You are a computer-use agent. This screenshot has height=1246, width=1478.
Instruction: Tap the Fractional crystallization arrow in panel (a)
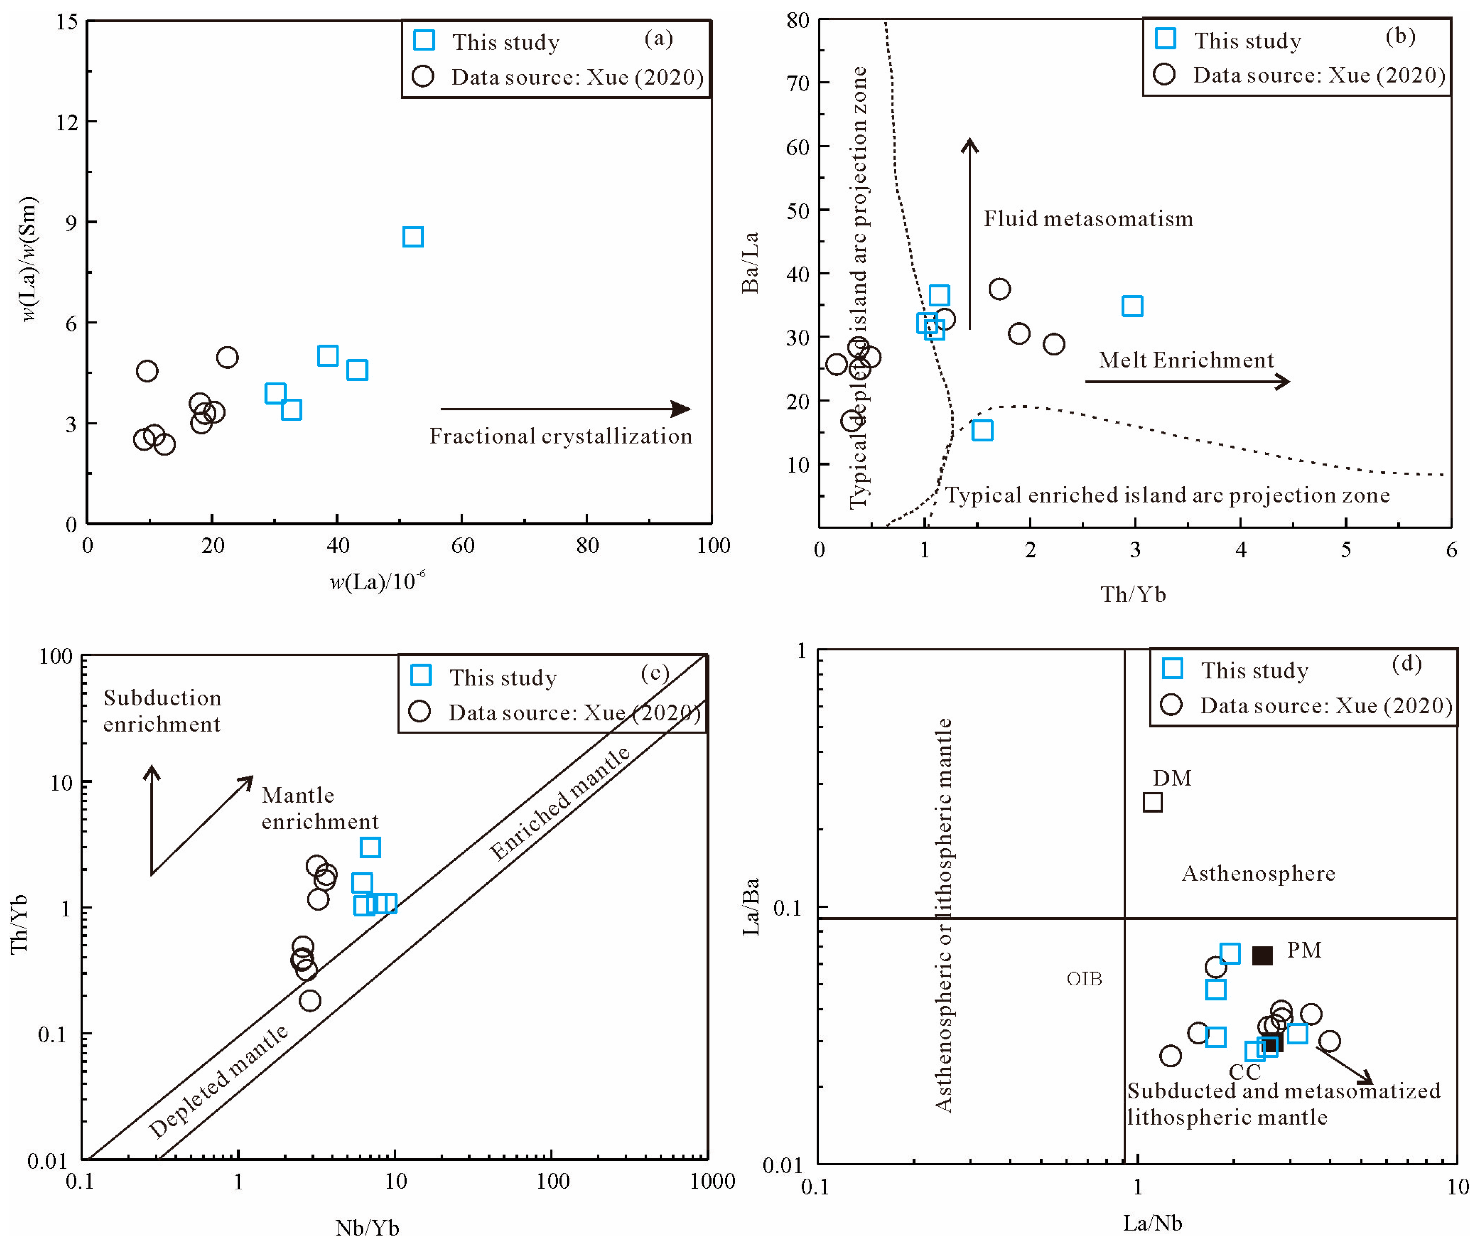(565, 408)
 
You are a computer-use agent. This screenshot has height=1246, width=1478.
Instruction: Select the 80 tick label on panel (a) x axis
(587, 545)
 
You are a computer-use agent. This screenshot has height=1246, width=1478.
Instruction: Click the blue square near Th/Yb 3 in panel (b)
(1132, 306)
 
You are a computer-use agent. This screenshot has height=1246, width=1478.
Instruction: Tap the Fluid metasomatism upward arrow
(969, 233)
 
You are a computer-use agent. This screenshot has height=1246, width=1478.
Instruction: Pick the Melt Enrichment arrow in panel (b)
(1186, 382)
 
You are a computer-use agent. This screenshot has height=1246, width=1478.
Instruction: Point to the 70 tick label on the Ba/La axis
(798, 83)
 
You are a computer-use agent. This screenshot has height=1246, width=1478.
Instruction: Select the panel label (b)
(1400, 35)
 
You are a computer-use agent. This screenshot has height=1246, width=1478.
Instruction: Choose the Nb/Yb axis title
(367, 1227)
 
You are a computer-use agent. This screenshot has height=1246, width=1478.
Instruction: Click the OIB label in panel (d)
(1084, 978)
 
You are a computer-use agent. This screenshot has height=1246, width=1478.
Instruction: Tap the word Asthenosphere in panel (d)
(1258, 874)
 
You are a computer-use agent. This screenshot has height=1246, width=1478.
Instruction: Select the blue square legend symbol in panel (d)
(1172, 668)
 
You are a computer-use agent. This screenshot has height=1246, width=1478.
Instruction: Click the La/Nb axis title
(1152, 1223)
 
